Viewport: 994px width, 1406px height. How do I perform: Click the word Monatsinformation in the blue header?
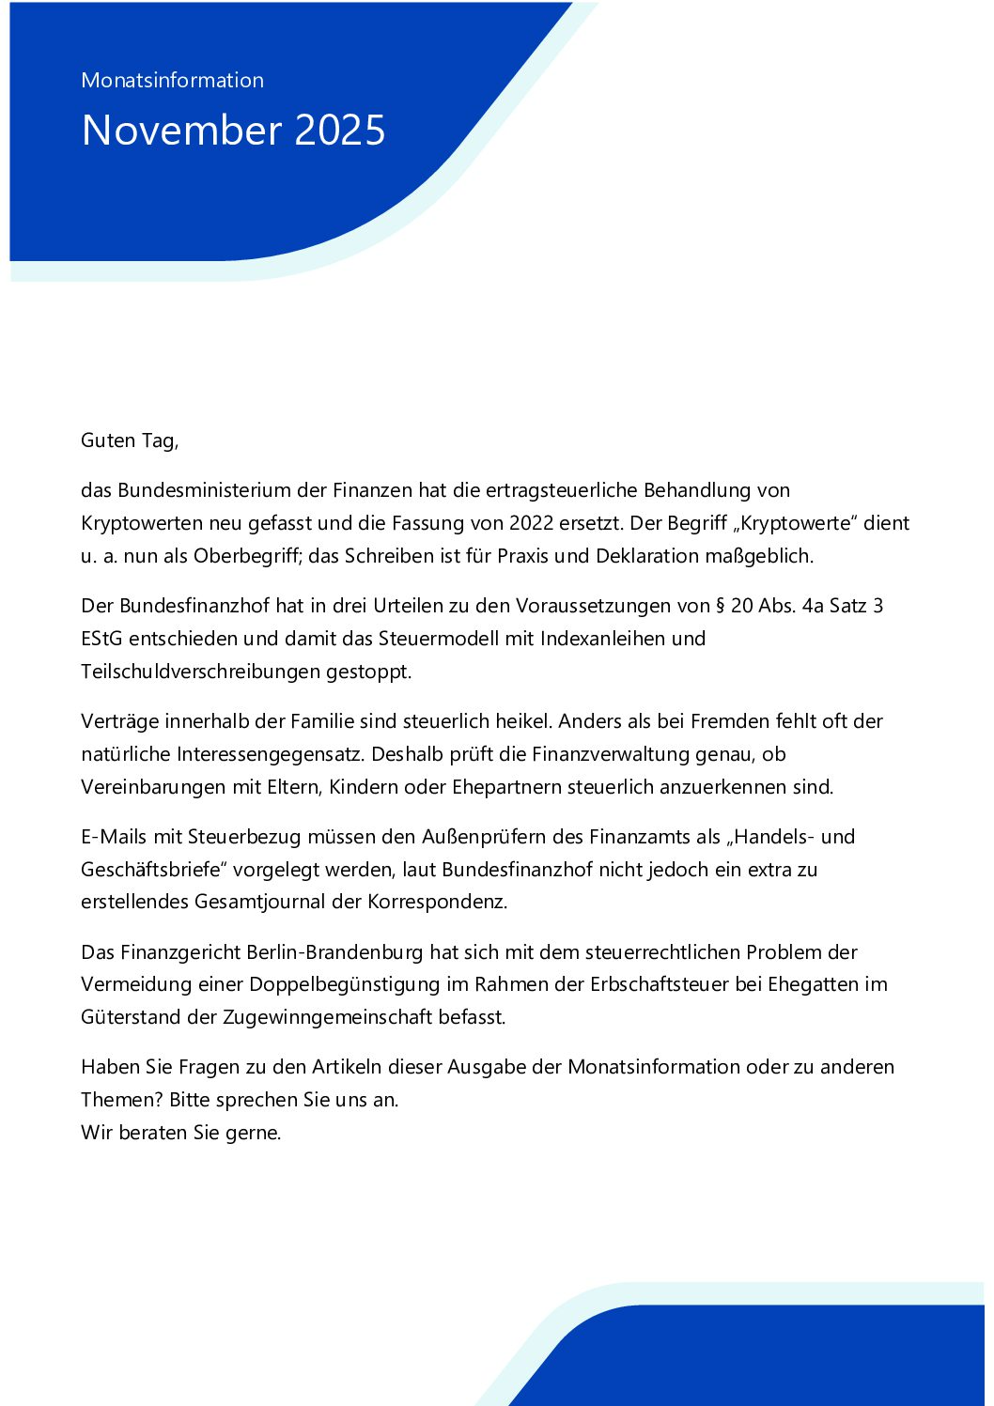pyautogui.click(x=172, y=81)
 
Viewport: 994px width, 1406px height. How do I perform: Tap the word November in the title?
pyautogui.click(x=181, y=131)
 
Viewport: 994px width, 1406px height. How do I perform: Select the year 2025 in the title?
pyautogui.click(x=340, y=131)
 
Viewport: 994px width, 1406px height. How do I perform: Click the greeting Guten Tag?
pyautogui.click(x=129, y=440)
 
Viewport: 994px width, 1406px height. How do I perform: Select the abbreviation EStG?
pyautogui.click(x=102, y=639)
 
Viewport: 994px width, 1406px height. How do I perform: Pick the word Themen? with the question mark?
pyautogui.click(x=122, y=1100)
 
